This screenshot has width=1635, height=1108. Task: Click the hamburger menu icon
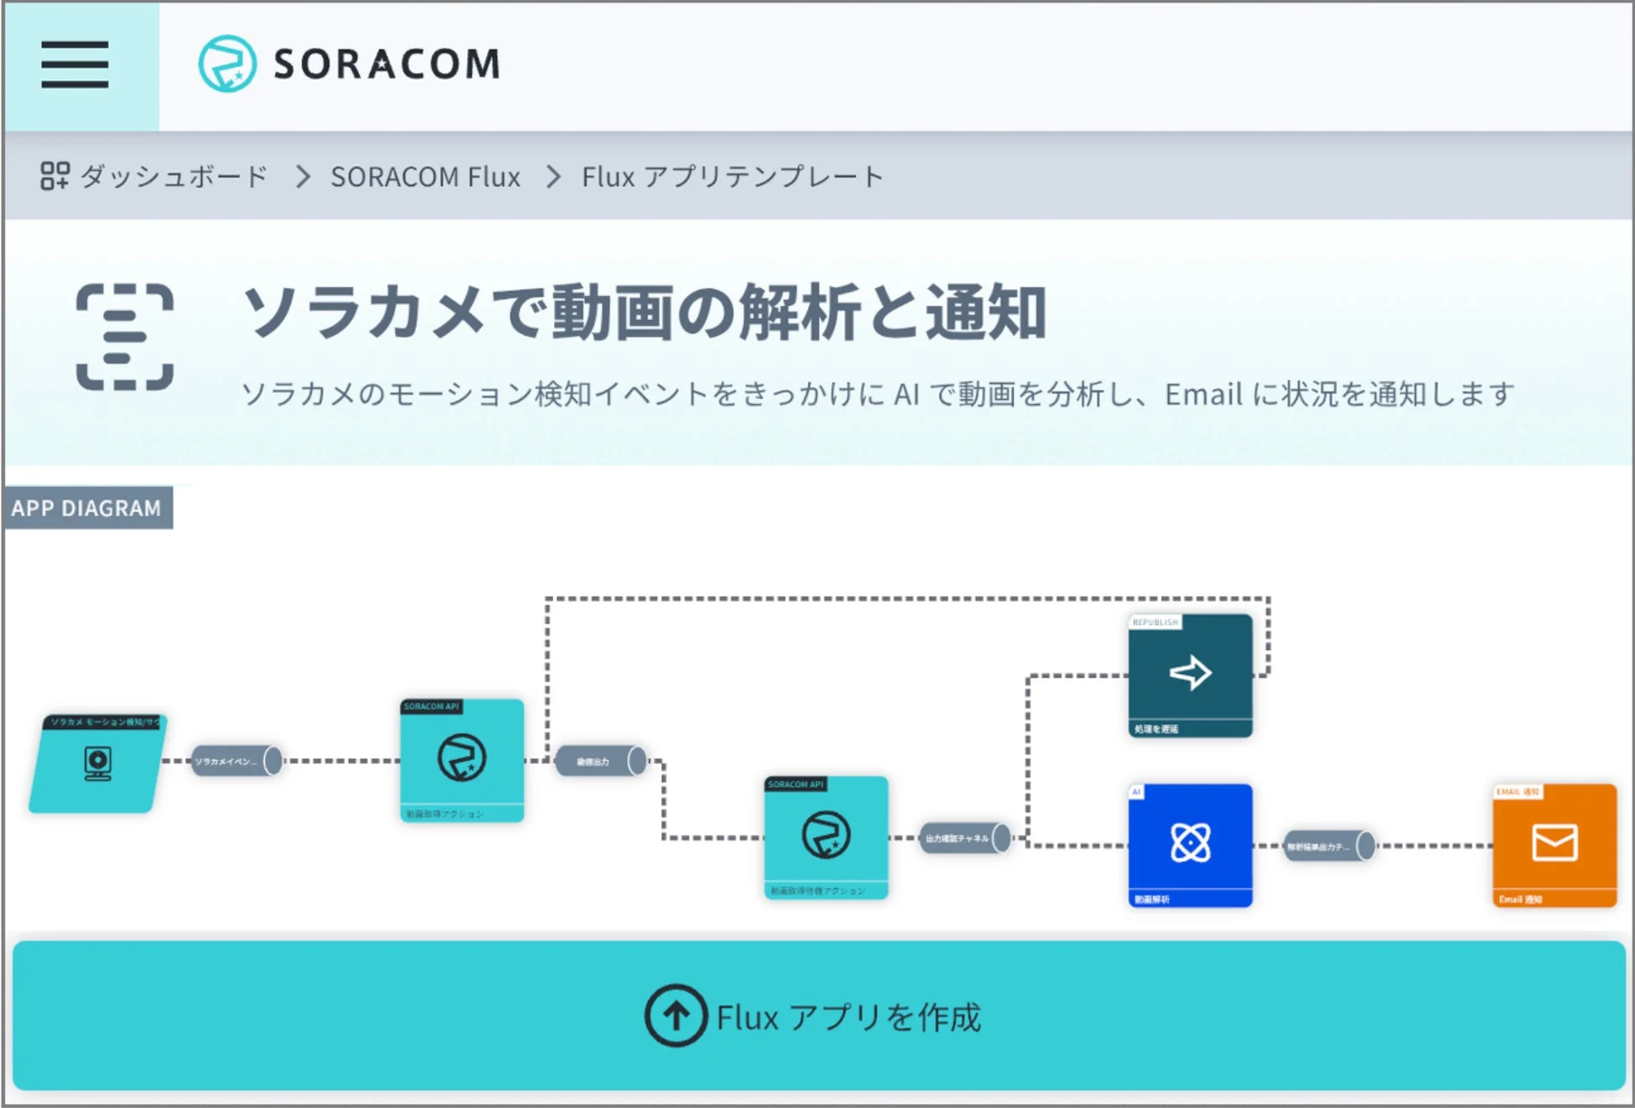pos(75,65)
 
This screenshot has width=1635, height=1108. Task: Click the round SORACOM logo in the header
pos(226,64)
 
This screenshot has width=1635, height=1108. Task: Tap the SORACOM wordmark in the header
pos(387,65)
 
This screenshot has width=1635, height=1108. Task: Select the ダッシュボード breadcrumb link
pos(174,177)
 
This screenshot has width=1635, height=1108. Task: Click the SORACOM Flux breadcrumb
pos(425,177)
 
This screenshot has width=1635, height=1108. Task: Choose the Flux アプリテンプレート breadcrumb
pos(732,177)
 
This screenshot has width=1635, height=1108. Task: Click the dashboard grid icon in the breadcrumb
pos(54,176)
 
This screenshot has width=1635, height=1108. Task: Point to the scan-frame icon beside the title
pos(125,337)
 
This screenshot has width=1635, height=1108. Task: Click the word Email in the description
pos(1203,394)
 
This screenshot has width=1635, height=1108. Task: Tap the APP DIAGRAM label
pos(86,508)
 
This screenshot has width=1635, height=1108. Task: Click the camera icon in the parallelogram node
pos(98,764)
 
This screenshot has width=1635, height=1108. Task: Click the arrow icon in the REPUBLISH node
pos(1191,673)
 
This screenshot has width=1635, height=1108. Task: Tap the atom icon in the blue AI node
pos(1191,842)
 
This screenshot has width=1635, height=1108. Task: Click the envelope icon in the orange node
pos(1555,842)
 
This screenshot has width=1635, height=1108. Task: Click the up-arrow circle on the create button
pos(676,1016)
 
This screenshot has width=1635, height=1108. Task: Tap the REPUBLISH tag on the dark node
pos(1155,623)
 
